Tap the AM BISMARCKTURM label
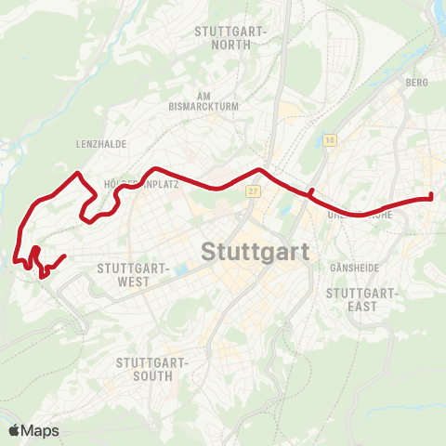pyautogui.click(x=218, y=100)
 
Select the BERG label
pyautogui.click(x=415, y=83)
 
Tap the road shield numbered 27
pyautogui.click(x=252, y=191)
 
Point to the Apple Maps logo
pyautogui.click(x=33, y=430)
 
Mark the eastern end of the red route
pyautogui.click(x=431, y=196)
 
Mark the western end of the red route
pyautogui.click(x=64, y=256)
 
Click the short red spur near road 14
pyautogui.click(x=311, y=191)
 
